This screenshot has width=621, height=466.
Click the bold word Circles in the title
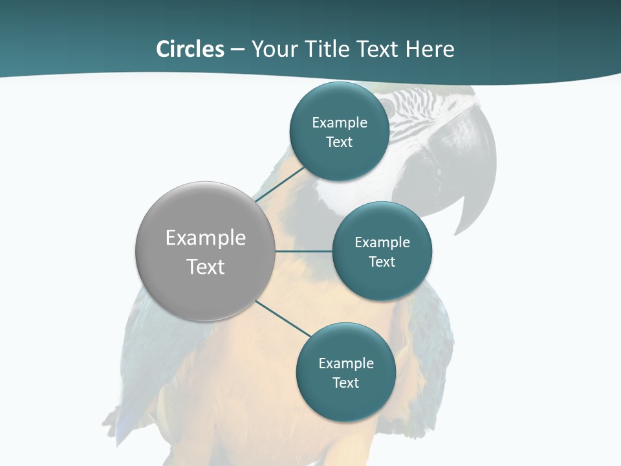190,49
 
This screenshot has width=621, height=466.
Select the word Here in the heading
430,49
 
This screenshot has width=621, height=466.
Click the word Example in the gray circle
206,238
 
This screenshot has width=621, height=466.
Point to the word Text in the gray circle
206,267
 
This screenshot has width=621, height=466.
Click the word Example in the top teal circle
340,123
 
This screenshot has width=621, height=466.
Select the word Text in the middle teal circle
382,261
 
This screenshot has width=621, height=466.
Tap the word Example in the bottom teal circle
346,363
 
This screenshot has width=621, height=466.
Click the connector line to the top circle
281,183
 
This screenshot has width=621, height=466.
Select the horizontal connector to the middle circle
303,251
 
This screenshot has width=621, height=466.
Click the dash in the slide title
237,50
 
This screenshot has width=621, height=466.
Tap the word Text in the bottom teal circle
346,383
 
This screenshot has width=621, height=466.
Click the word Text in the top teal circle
340,142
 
